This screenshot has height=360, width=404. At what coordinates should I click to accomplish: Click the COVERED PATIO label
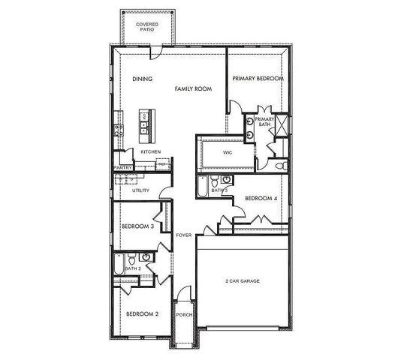point(147,27)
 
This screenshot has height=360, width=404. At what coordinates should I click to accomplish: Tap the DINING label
point(143,79)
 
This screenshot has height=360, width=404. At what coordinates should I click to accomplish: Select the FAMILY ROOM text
point(193,88)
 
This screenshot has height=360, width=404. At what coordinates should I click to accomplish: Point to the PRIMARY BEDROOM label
point(258,79)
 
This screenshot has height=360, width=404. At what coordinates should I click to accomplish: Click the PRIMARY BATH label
point(265,122)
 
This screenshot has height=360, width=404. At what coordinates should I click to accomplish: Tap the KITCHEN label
point(151,152)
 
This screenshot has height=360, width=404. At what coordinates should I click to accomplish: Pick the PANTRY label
point(122,168)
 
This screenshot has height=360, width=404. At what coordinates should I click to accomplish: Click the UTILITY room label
point(140,190)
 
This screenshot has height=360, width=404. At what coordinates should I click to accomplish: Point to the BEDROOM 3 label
point(137,226)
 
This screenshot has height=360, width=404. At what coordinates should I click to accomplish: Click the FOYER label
point(183,235)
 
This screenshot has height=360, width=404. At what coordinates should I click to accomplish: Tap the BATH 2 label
point(133,268)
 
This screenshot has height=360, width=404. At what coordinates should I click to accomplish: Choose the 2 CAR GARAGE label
point(242,281)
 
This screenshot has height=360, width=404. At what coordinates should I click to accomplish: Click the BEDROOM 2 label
point(142,313)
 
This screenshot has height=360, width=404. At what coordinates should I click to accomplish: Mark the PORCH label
point(183,315)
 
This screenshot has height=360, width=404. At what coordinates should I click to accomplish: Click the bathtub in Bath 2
point(120,264)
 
